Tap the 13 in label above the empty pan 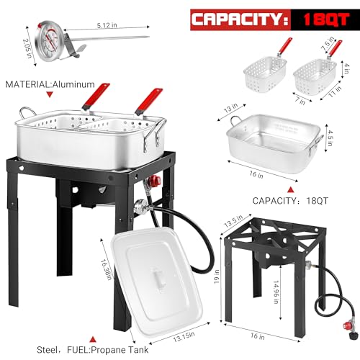click(233, 108)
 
